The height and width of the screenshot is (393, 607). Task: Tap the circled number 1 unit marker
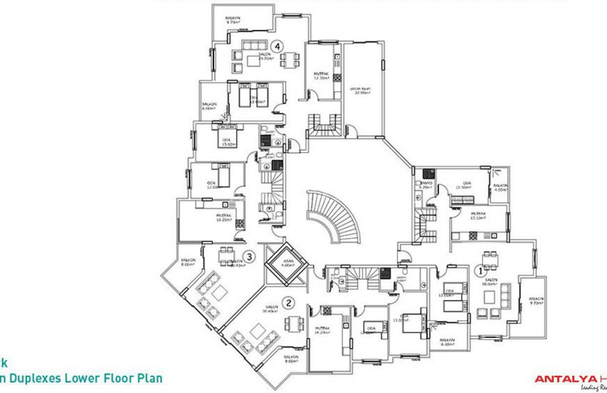click(x=480, y=271)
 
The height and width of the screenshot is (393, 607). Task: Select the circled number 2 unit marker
click(x=288, y=302)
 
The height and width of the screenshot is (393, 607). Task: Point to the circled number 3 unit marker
click(x=248, y=257)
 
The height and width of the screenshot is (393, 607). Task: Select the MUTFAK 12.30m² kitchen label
click(x=321, y=76)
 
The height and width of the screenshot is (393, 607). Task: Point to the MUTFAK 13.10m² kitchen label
click(x=477, y=215)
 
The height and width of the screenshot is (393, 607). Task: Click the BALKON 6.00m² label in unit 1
click(x=447, y=342)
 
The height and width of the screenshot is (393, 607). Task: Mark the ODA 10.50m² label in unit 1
click(x=466, y=187)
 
